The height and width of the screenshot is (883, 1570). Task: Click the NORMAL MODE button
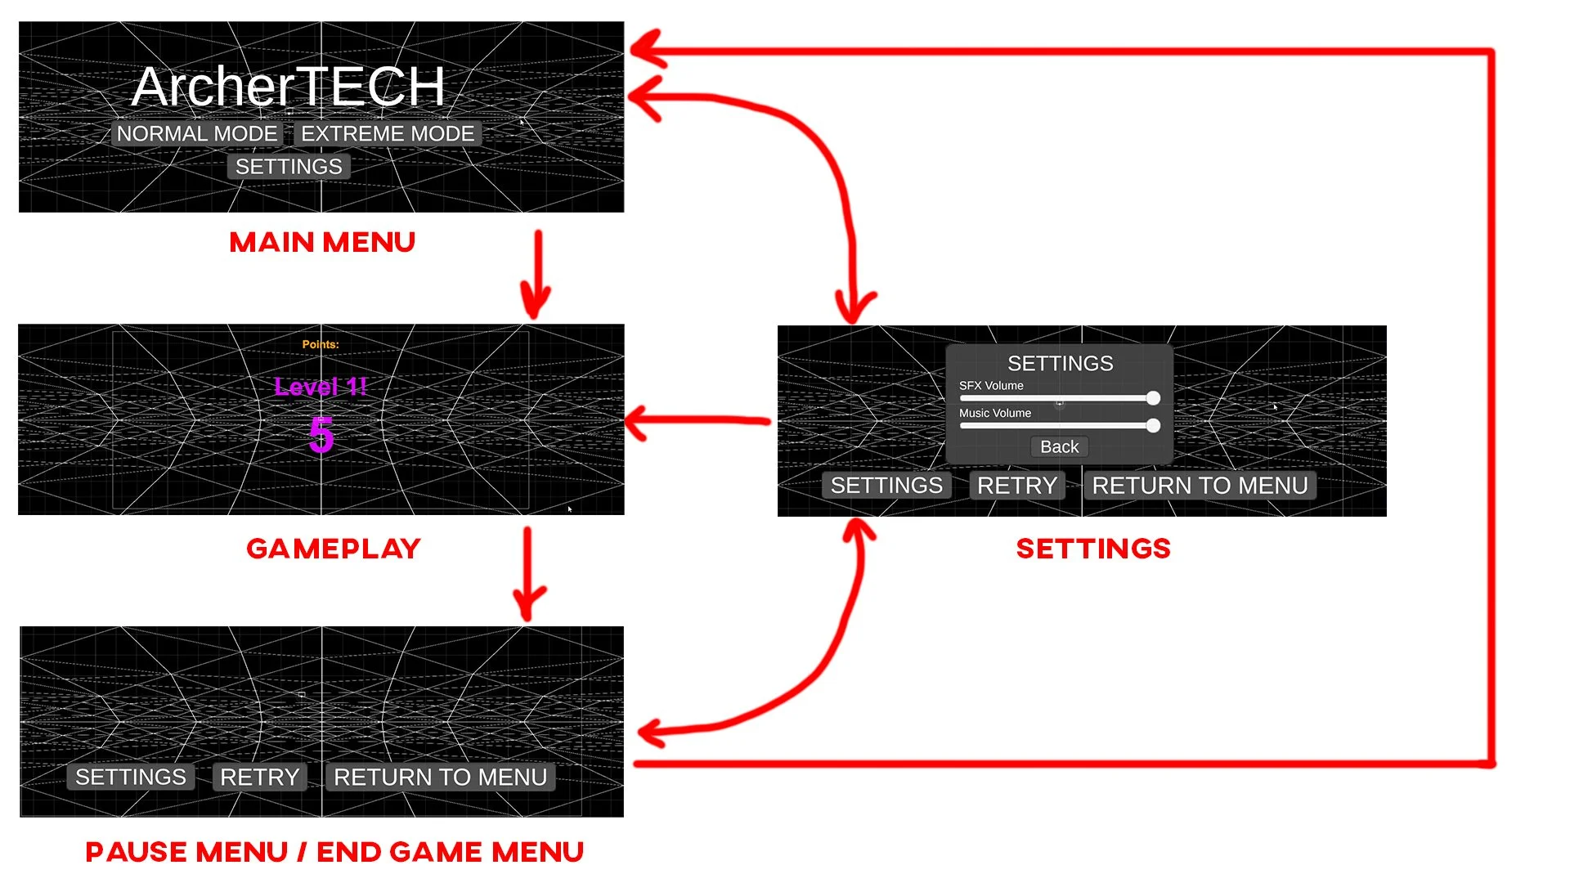point(196,134)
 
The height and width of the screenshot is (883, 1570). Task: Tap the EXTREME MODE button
point(388,134)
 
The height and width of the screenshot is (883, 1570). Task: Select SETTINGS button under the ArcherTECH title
point(289,167)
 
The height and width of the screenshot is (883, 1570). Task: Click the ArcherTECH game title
point(288,87)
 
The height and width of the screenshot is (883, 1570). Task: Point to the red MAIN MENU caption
point(322,242)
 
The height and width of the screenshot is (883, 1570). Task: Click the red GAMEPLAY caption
point(334,549)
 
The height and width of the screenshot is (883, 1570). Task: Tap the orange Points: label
point(321,344)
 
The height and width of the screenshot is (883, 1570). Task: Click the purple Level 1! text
point(321,387)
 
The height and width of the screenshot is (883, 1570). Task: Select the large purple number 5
point(321,434)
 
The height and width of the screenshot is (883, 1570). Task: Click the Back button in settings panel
point(1059,447)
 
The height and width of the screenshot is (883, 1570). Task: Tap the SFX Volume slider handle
point(1153,398)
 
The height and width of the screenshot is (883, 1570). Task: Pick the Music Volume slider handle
point(1153,425)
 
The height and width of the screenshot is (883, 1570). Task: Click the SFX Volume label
point(991,386)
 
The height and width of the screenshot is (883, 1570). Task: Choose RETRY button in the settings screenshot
point(1016,486)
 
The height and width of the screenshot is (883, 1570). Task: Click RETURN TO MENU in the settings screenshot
point(1200,486)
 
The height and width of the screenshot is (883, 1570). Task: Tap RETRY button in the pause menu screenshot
point(259,777)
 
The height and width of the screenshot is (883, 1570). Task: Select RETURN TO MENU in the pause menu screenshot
point(440,777)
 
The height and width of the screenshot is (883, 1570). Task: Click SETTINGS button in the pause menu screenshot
point(131,777)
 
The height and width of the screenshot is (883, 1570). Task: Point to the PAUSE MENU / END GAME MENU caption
point(334,852)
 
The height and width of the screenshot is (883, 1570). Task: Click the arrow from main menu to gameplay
point(537,274)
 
